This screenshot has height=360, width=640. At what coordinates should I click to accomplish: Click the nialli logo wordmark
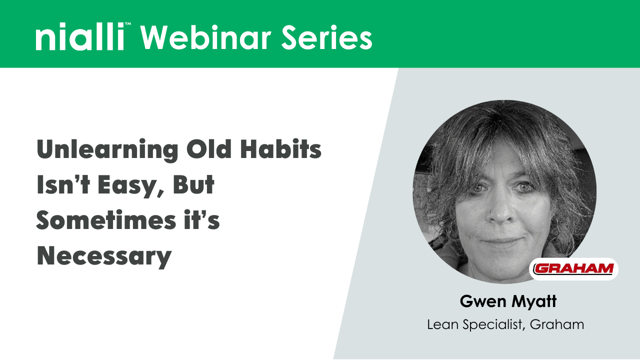pyautogui.click(x=79, y=38)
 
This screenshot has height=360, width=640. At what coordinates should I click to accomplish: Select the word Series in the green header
pyautogui.click(x=324, y=37)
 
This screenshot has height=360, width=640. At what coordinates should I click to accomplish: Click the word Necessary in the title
pyautogui.click(x=104, y=256)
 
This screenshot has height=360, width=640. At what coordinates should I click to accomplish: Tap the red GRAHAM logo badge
pyautogui.click(x=573, y=269)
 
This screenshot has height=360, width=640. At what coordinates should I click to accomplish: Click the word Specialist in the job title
pyautogui.click(x=493, y=325)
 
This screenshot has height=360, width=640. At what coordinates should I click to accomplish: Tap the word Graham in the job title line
pyautogui.click(x=556, y=324)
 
